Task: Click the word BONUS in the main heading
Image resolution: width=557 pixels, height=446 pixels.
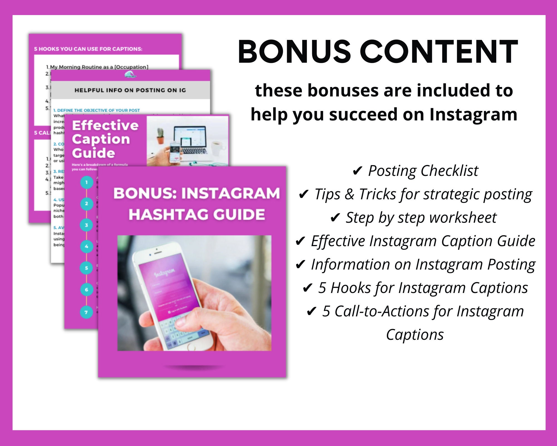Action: point(294,52)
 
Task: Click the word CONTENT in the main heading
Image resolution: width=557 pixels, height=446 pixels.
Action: point(439,52)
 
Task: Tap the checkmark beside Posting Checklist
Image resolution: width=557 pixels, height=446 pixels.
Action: point(357,171)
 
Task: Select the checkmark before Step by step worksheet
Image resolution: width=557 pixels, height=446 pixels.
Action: point(335,218)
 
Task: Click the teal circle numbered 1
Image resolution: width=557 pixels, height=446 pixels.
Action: point(87,183)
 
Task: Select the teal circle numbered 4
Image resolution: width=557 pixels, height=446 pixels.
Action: point(87,246)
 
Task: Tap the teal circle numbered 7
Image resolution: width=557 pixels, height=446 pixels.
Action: point(87,312)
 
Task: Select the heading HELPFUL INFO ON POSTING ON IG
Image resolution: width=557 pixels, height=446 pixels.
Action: point(130,90)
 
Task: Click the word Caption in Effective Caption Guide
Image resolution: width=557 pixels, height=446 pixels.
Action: point(101,139)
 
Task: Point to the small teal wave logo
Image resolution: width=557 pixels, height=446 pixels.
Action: point(130,75)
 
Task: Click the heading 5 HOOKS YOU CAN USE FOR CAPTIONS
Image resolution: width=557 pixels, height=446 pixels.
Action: point(88,49)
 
